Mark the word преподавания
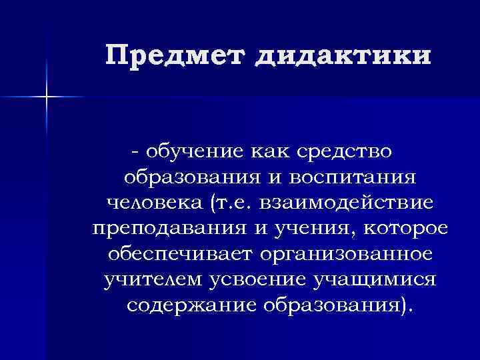tap(164, 228)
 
